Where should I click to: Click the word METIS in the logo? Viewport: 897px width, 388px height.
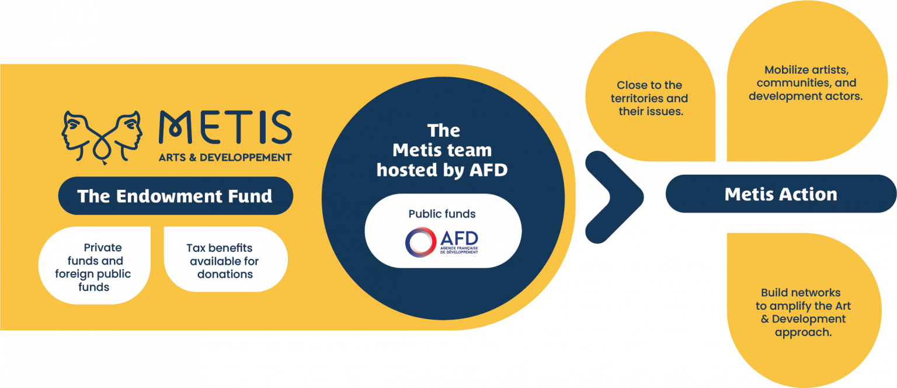pyautogui.click(x=225, y=127)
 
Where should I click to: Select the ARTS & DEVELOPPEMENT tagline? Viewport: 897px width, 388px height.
pyautogui.click(x=225, y=158)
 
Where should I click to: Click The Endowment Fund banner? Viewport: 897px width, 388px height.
pyautogui.click(x=175, y=196)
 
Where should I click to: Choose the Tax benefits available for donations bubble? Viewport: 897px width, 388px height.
pyautogui.click(x=225, y=259)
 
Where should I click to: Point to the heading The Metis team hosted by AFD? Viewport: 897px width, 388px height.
pyautogui.click(x=442, y=150)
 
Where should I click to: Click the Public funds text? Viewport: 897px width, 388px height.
pyautogui.click(x=442, y=214)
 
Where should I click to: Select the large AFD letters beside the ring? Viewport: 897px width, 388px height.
pyautogui.click(x=459, y=238)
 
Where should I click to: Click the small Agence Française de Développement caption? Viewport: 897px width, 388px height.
pyautogui.click(x=459, y=250)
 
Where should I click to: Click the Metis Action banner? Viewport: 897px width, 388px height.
pyautogui.click(x=781, y=194)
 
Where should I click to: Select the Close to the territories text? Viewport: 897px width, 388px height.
pyautogui.click(x=649, y=98)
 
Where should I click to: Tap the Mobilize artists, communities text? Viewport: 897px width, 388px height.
pyautogui.click(x=806, y=83)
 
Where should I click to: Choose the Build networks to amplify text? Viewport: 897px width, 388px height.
pyautogui.click(x=803, y=312)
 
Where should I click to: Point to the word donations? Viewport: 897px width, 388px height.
pyautogui.click(x=225, y=274)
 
